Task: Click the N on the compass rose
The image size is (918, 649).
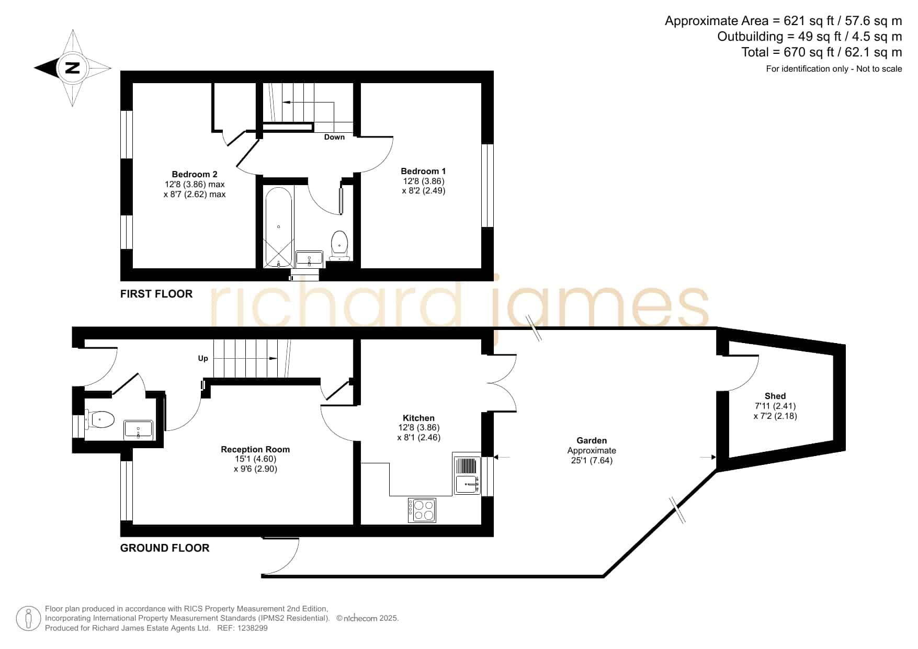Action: pyautogui.click(x=73, y=68)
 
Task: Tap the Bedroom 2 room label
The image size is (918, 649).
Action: pyautogui.click(x=195, y=174)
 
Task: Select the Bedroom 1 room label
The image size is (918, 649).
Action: pyautogui.click(x=423, y=171)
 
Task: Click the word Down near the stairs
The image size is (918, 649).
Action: pyautogui.click(x=334, y=137)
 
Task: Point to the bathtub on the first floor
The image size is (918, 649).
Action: pyautogui.click(x=278, y=227)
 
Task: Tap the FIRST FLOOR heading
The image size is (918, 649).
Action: pyautogui.click(x=156, y=294)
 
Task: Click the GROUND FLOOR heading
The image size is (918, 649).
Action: pyautogui.click(x=165, y=548)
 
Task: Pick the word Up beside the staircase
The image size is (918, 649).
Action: pyautogui.click(x=203, y=358)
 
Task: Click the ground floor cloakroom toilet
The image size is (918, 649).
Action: pyautogui.click(x=100, y=419)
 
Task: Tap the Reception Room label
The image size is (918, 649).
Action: pyautogui.click(x=255, y=449)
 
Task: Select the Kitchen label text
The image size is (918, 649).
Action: pyautogui.click(x=418, y=418)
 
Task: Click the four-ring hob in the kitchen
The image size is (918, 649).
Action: pyautogui.click(x=422, y=510)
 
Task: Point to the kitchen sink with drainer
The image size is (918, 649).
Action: pyautogui.click(x=467, y=475)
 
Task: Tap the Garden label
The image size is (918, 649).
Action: pyautogui.click(x=592, y=441)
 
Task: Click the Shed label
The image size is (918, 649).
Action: pyautogui.click(x=775, y=396)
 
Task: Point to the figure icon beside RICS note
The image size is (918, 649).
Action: pyautogui.click(x=28, y=619)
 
